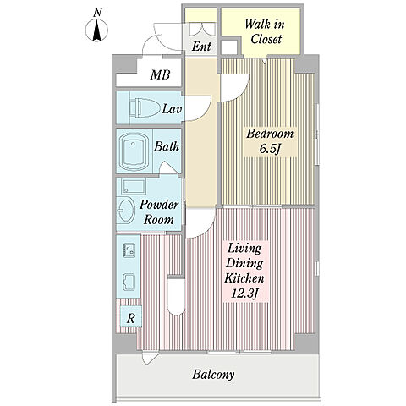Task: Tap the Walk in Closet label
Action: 265,31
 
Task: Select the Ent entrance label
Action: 201,46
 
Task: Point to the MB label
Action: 160,75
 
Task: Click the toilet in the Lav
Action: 144,107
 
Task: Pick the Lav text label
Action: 172,109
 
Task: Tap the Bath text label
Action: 167,146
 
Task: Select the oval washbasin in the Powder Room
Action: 126,211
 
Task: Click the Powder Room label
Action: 159,211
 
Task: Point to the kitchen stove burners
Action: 129,250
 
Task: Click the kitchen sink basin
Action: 129,283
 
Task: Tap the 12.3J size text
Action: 244,294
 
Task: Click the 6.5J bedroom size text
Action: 269,149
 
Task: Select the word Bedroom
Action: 270,134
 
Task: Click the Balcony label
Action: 213,375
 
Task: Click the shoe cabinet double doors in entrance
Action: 202,30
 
